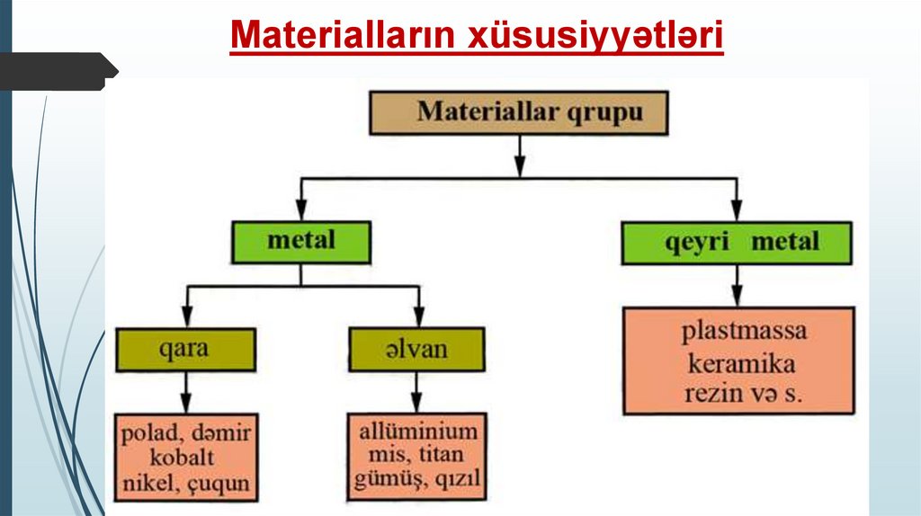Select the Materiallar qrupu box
click(x=519, y=112)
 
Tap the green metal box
click(x=300, y=241)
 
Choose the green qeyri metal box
click(x=736, y=242)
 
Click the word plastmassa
click(x=743, y=331)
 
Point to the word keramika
click(x=741, y=364)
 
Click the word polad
click(x=148, y=433)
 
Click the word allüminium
click(x=417, y=431)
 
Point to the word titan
click(x=443, y=455)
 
